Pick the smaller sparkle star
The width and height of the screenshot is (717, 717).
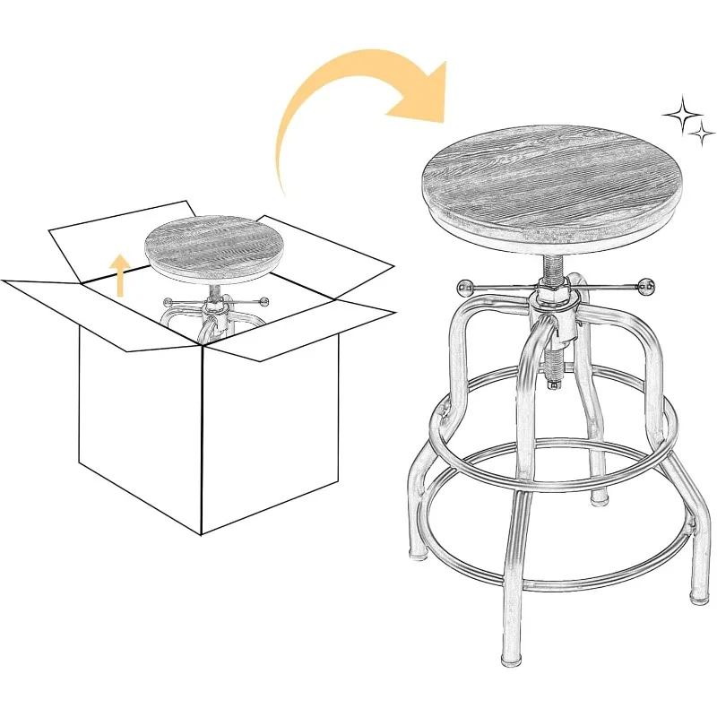click(699, 135)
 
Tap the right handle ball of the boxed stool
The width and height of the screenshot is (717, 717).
click(264, 301)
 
